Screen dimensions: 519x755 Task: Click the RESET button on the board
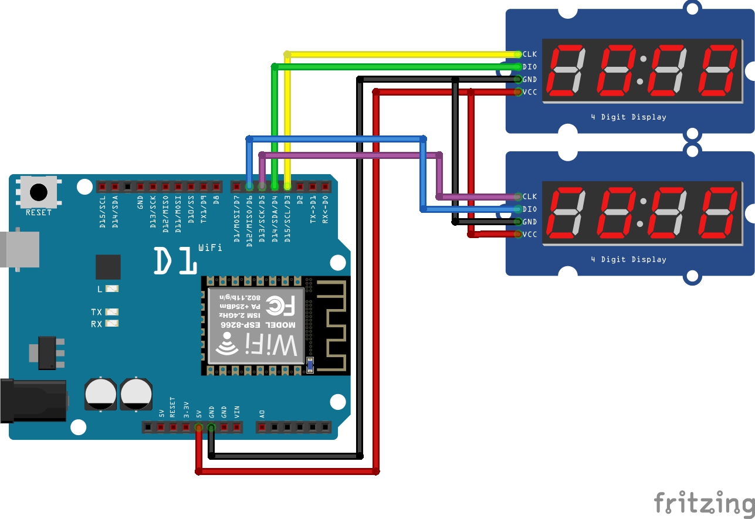tap(39, 192)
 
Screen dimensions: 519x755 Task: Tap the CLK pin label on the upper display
tap(529, 54)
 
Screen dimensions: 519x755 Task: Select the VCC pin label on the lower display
tap(529, 235)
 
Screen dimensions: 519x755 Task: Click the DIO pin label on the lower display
tap(529, 209)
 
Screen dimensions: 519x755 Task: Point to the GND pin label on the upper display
tap(529, 80)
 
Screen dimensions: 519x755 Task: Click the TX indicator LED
tap(112, 312)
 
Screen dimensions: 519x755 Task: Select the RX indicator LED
tap(112, 324)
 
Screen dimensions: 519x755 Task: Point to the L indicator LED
tap(112, 289)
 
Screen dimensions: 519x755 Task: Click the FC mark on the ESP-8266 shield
tap(282, 305)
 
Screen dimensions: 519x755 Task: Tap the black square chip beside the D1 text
tap(108, 267)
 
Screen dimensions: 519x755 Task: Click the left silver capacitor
tap(100, 394)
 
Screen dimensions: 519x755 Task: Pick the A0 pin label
tap(262, 413)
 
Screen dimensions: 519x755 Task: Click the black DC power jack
tap(32, 401)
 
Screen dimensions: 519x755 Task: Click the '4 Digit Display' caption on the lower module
tap(628, 259)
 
